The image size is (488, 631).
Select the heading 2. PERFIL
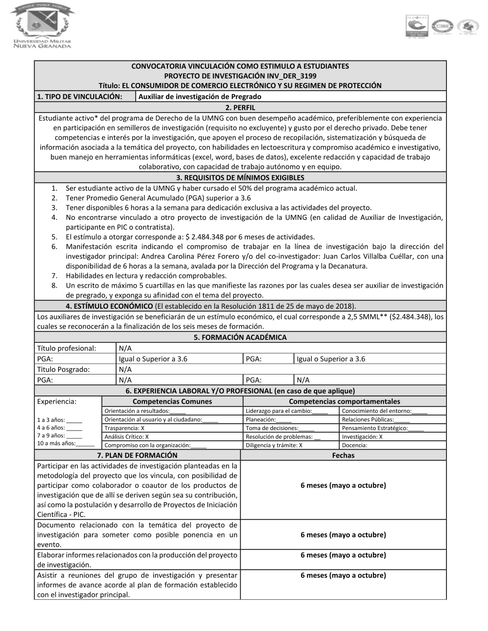pyautogui.click(x=240, y=108)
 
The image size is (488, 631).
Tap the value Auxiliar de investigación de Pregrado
pyautogui.click(x=200, y=97)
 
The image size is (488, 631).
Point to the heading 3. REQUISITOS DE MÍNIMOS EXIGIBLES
pyautogui.click(x=240, y=177)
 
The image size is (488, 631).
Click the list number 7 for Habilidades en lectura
pyautogui.click(x=55, y=276)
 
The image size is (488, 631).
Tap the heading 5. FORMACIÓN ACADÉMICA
pyautogui.click(x=240, y=337)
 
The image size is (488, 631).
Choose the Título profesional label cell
pyautogui.click(x=67, y=348)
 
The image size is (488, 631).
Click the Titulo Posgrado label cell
pyautogui.click(x=63, y=369)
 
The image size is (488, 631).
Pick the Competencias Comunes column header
pyautogui.click(x=172, y=401)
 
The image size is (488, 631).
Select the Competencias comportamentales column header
pyautogui.click(x=344, y=401)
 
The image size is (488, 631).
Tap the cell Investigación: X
pyautogui.click(x=362, y=437)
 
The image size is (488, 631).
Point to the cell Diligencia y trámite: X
pyautogui.click(x=274, y=445)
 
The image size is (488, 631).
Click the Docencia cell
pyautogui.click(x=355, y=445)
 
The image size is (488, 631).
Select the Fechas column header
pyautogui.click(x=343, y=455)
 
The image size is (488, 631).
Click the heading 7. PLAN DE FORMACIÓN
pyautogui.click(x=137, y=455)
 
